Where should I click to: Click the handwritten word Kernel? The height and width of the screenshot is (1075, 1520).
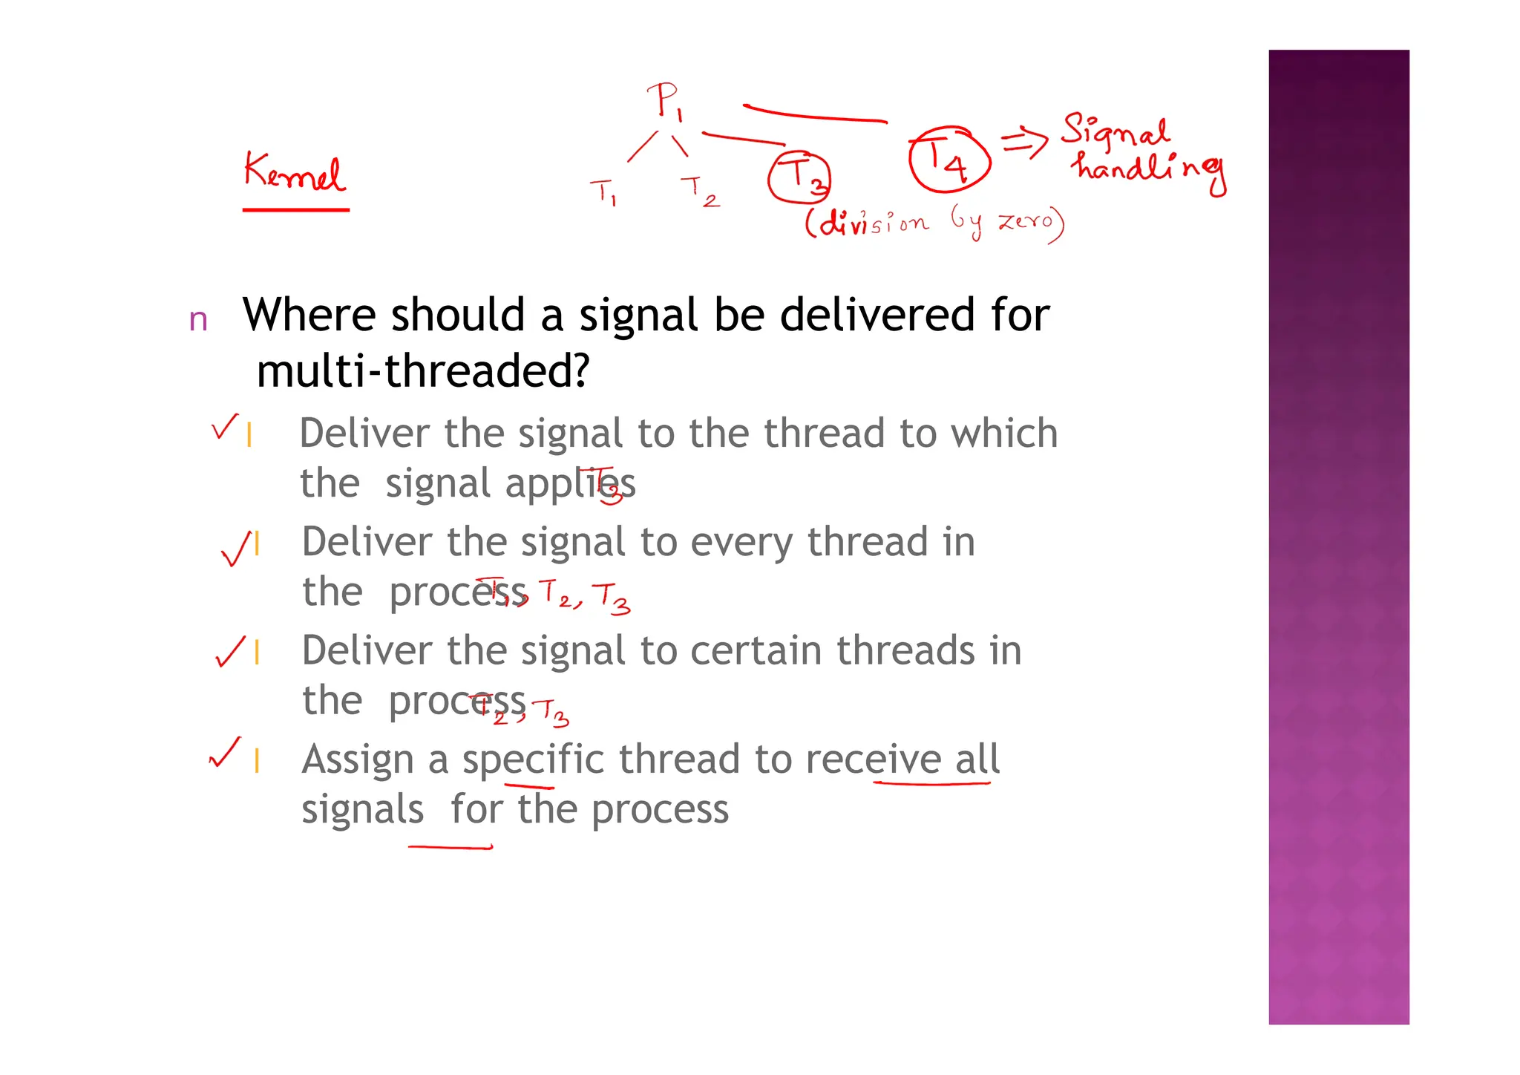(x=294, y=172)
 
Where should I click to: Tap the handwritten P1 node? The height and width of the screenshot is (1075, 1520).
(x=665, y=101)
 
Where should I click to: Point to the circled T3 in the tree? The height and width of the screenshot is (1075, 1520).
(x=799, y=177)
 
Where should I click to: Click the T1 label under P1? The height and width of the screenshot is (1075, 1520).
(x=603, y=192)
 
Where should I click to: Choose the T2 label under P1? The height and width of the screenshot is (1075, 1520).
(x=699, y=191)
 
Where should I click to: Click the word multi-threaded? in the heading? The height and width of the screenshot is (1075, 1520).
(x=422, y=370)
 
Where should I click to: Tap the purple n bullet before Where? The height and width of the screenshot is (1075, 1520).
(x=198, y=320)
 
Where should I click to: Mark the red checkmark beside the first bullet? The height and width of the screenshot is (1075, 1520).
(x=224, y=427)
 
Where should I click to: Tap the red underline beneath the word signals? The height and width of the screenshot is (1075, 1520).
(x=450, y=846)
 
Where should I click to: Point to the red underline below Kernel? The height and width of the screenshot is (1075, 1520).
(x=295, y=210)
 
